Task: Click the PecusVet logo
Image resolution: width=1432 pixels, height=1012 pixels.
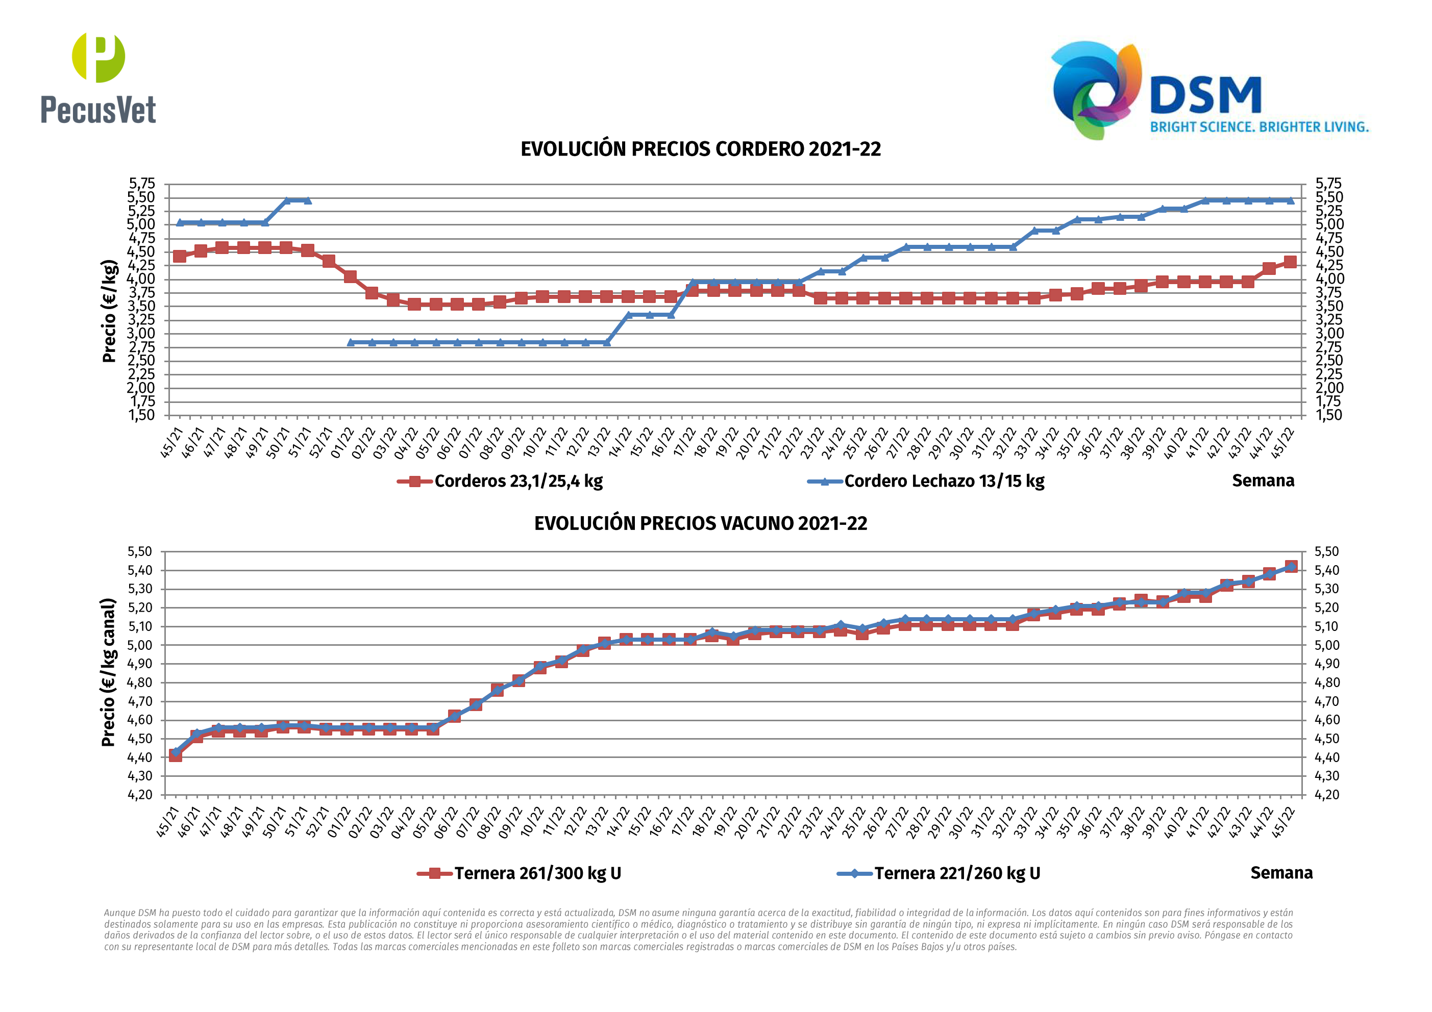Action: tap(98, 78)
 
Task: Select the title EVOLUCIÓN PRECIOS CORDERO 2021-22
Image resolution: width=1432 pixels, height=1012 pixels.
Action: tap(700, 149)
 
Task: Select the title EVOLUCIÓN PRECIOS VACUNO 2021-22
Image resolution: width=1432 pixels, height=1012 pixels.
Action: tap(700, 523)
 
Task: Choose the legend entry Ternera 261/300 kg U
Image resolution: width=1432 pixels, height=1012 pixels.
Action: tap(537, 873)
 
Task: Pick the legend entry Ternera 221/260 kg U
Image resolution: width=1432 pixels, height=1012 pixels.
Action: tap(957, 873)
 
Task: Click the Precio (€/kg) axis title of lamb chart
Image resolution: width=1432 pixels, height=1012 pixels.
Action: tap(109, 311)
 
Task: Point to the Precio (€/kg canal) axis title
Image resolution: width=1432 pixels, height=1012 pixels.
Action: tap(109, 672)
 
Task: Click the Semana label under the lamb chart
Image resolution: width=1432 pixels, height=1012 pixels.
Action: tap(1263, 480)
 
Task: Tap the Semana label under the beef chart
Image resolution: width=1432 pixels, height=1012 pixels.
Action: tap(1281, 873)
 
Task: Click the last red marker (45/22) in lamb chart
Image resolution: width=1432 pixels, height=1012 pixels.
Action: tap(1290, 262)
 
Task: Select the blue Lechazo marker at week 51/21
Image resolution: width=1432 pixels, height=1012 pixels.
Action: tap(308, 200)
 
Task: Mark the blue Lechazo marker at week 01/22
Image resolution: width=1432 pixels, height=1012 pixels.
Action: tap(351, 342)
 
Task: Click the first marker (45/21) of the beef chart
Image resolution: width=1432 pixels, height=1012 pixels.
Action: tap(175, 754)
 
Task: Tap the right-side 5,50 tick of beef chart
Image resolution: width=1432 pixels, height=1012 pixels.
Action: tap(1326, 552)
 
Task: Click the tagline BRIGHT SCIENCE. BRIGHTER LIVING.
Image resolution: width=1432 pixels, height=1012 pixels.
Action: tap(1259, 127)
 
